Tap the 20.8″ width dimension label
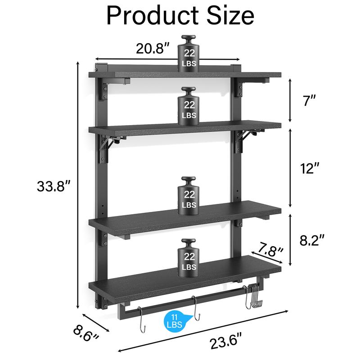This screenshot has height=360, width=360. (153, 48)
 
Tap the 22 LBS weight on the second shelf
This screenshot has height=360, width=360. (189, 104)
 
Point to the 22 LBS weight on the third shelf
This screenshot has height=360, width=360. (189, 193)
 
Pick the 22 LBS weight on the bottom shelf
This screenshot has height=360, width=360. (189, 256)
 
